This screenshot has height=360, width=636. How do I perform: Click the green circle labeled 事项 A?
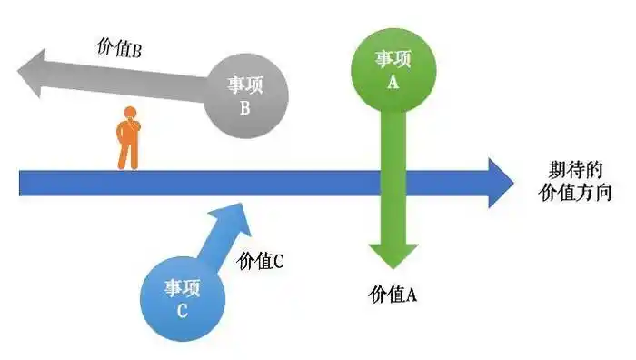pyautogui.click(x=393, y=68)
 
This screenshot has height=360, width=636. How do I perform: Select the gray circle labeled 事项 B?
pyautogui.click(x=245, y=95)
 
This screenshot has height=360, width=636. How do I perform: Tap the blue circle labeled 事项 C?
pyautogui.click(x=184, y=297)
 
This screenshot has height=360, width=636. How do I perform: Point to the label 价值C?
pyautogui.click(x=261, y=261)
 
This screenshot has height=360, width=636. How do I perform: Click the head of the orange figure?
pyautogui.click(x=129, y=114)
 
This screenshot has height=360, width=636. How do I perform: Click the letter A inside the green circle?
pyautogui.click(x=393, y=80)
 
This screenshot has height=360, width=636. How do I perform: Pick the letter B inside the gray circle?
pyautogui.click(x=245, y=108)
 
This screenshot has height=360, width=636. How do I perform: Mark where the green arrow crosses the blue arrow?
pyautogui.click(x=393, y=183)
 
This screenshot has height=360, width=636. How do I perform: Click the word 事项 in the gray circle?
pyautogui.click(x=245, y=85)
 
